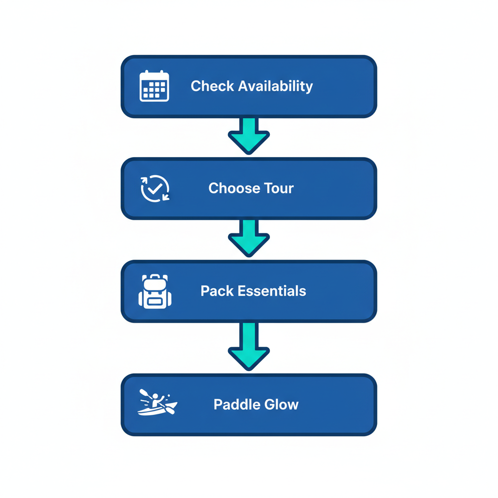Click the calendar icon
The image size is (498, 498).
(154, 86)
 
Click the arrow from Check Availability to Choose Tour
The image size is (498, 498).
(249, 135)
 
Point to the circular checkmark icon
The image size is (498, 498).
(155, 189)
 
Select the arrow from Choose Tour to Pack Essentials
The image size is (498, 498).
(249, 238)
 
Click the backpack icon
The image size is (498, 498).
(155, 291)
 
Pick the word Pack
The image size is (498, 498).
(217, 291)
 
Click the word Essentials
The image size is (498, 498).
(271, 291)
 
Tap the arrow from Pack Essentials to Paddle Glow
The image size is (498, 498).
(249, 346)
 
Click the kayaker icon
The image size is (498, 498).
(157, 402)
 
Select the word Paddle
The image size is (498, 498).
(235, 405)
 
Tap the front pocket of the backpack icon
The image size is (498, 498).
(155, 301)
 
